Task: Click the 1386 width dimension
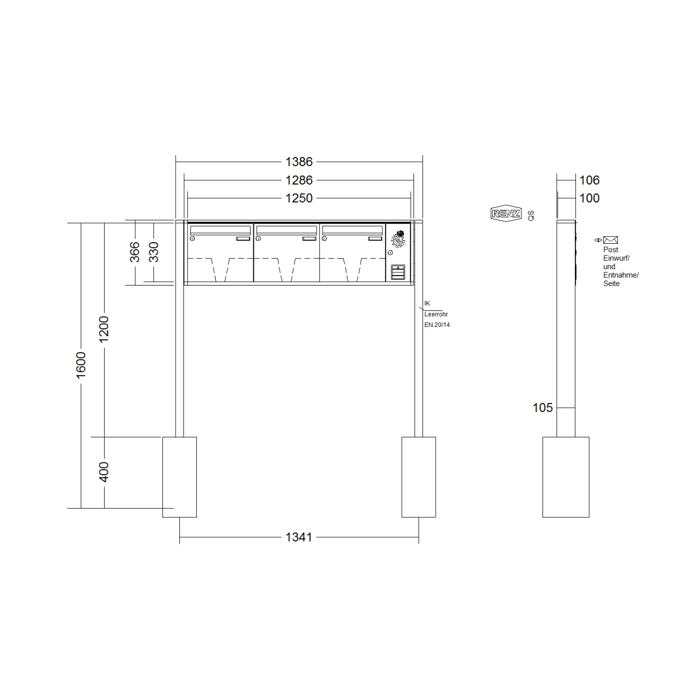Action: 299,161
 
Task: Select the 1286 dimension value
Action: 299,180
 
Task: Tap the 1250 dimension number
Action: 299,198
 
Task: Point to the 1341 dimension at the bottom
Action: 299,537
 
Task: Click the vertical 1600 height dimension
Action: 81,365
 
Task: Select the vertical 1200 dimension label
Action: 104,329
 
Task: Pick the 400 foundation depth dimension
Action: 104,472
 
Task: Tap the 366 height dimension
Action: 135,252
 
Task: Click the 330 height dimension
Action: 154,252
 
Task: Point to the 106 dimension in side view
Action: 589,180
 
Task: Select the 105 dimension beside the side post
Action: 543,408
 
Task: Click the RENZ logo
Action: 506,214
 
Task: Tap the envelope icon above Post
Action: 611,240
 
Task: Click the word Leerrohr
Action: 436,314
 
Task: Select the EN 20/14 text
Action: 437,325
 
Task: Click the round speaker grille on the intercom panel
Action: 397,241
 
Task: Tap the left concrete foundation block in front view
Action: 179,476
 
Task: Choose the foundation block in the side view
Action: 566,476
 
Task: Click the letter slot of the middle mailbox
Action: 287,230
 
